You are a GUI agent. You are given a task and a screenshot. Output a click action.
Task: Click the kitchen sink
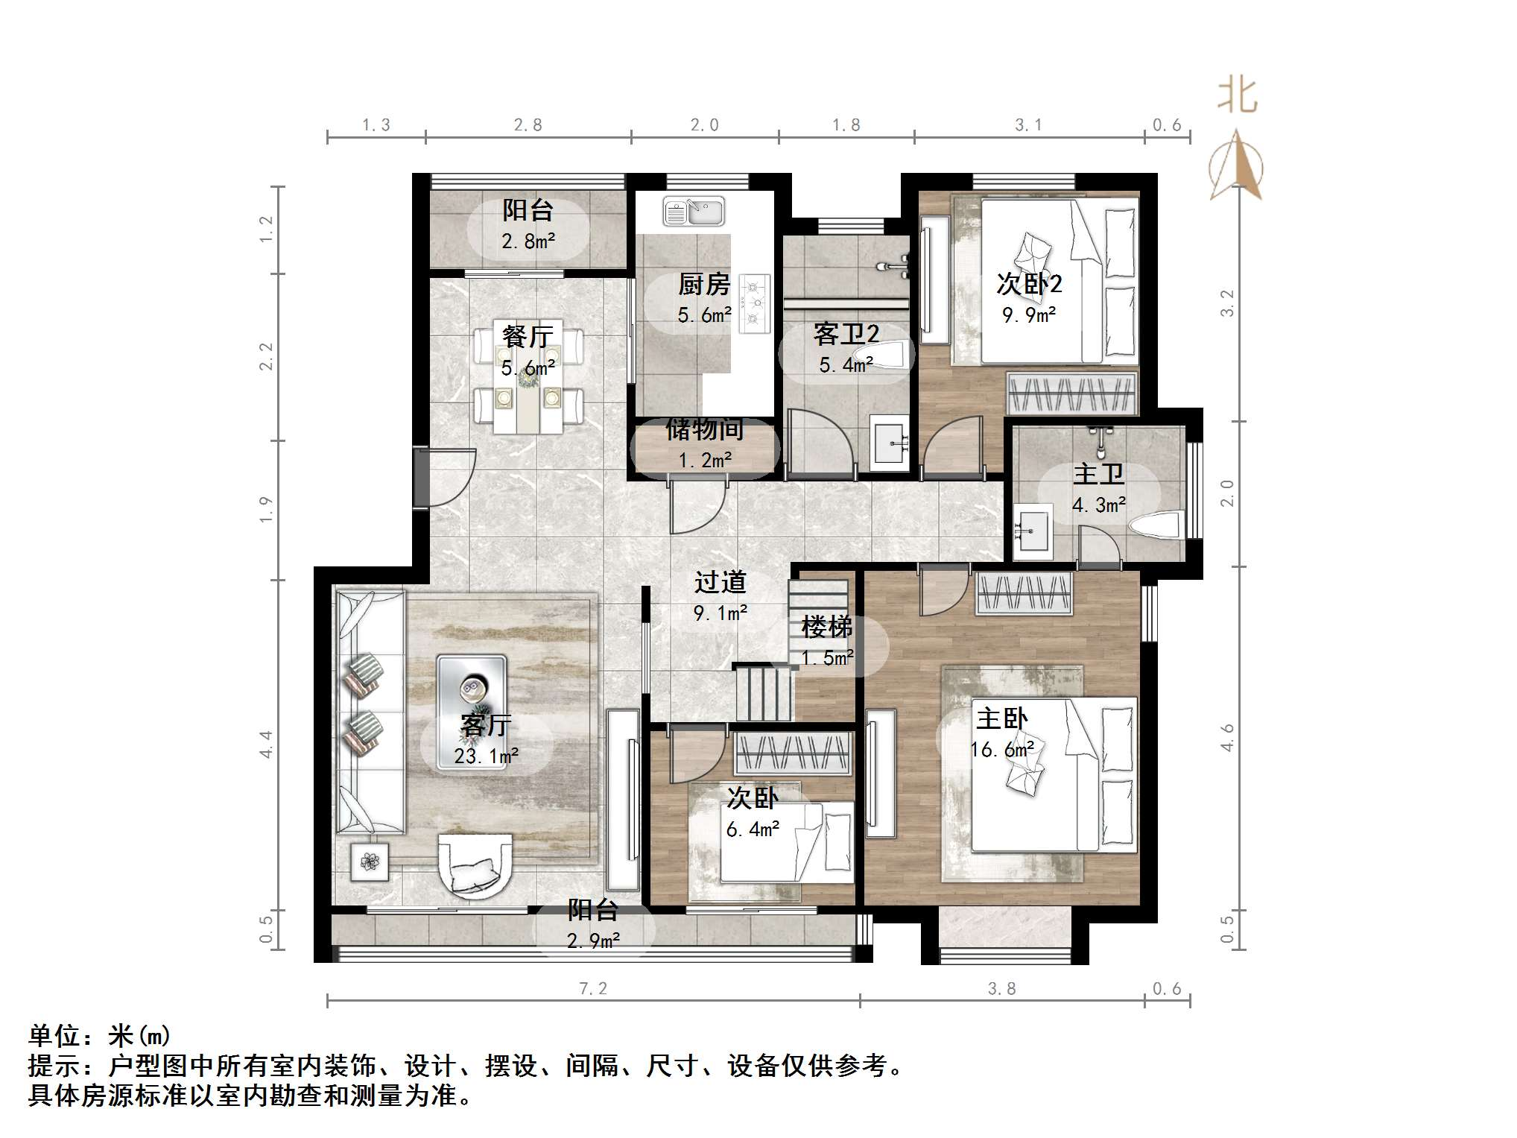[x=694, y=212]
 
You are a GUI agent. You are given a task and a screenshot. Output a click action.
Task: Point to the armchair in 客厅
[x=475, y=864]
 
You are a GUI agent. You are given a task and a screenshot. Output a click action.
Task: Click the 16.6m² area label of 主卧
[x=1002, y=750]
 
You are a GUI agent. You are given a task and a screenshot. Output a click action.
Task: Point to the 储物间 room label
[x=704, y=429]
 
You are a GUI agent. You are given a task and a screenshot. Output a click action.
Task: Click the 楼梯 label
[x=826, y=627]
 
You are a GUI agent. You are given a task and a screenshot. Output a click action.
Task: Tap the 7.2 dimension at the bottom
[x=593, y=988]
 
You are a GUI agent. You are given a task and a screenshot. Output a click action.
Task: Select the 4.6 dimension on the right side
[x=1227, y=737]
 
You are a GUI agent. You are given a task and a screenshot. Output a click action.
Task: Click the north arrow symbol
[x=1237, y=168]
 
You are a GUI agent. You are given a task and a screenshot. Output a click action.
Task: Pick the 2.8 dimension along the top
[x=528, y=125]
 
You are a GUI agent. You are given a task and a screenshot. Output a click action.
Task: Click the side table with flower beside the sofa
[x=370, y=862]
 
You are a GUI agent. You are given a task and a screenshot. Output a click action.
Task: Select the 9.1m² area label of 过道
[x=720, y=613]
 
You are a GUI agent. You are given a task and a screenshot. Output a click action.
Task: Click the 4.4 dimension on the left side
[x=266, y=744]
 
